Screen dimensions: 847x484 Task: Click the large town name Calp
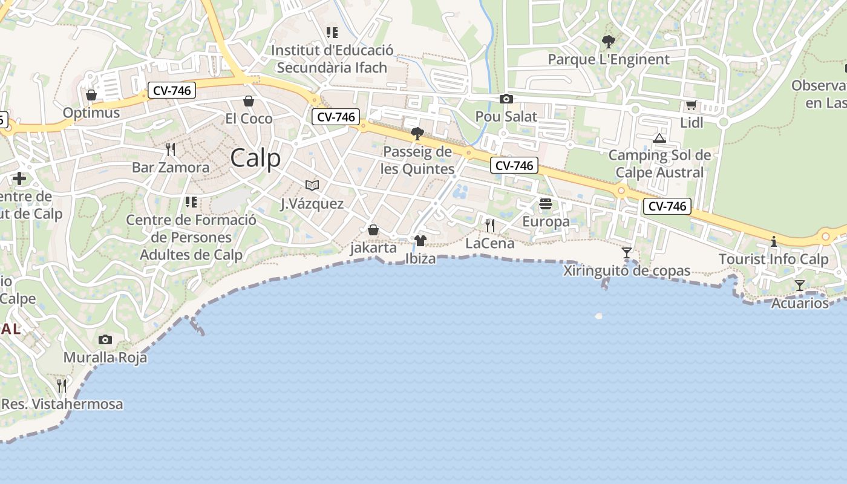[255, 158]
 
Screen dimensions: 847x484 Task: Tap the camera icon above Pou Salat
[506, 99]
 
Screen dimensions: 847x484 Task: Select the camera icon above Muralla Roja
[105, 340]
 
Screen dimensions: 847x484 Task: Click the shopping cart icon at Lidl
[691, 105]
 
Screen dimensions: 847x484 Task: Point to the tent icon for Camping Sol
[659, 139]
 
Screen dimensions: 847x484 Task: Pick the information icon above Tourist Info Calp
[773, 242]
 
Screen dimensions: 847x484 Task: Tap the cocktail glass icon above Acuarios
[800, 286]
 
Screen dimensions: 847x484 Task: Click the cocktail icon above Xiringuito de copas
[627, 253]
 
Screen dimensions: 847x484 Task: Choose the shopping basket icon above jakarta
[373, 231]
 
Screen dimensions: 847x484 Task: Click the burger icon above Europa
[546, 204]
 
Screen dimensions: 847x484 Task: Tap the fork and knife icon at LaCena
[490, 226]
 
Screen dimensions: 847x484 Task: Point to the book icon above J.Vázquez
[312, 185]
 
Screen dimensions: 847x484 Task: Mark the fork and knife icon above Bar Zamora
[171, 149]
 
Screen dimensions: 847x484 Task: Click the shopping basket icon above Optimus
[91, 95]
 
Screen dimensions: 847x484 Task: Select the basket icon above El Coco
[249, 101]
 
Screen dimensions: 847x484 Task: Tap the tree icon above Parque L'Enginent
[608, 42]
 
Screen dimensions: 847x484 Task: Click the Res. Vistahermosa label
[62, 404]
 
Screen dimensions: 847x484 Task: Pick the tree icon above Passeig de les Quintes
[417, 134]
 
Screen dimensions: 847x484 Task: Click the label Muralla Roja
[105, 358]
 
